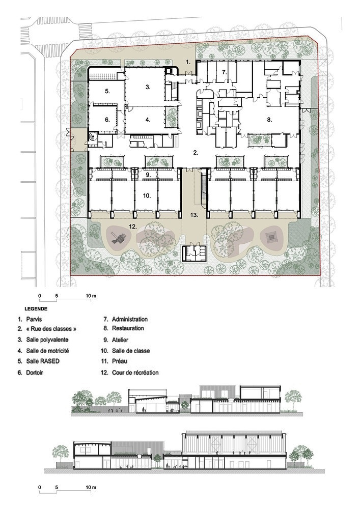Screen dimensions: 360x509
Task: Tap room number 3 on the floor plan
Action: click(x=148, y=87)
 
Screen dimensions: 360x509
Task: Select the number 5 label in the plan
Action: click(x=107, y=92)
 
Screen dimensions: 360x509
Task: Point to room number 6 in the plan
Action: click(x=107, y=120)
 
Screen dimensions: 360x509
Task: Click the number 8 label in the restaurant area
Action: click(x=269, y=120)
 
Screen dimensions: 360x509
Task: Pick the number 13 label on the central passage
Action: click(x=194, y=215)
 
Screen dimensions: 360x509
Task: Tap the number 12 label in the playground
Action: click(x=133, y=227)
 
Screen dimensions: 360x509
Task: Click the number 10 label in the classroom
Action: click(x=147, y=195)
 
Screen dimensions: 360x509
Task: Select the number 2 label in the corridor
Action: click(x=196, y=153)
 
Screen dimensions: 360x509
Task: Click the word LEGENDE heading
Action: click(x=36, y=309)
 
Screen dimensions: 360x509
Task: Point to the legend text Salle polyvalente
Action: click(x=47, y=340)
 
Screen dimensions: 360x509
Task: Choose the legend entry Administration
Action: click(x=130, y=320)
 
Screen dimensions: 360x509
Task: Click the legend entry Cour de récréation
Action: click(x=135, y=373)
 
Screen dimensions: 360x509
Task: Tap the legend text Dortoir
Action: click(x=35, y=373)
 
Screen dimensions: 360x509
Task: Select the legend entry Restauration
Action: click(x=128, y=328)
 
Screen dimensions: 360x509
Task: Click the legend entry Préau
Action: click(x=120, y=361)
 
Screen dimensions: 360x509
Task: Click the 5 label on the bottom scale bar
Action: click(x=57, y=487)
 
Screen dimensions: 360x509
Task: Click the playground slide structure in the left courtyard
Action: click(x=117, y=238)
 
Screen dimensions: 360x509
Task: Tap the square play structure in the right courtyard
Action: click(x=270, y=238)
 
